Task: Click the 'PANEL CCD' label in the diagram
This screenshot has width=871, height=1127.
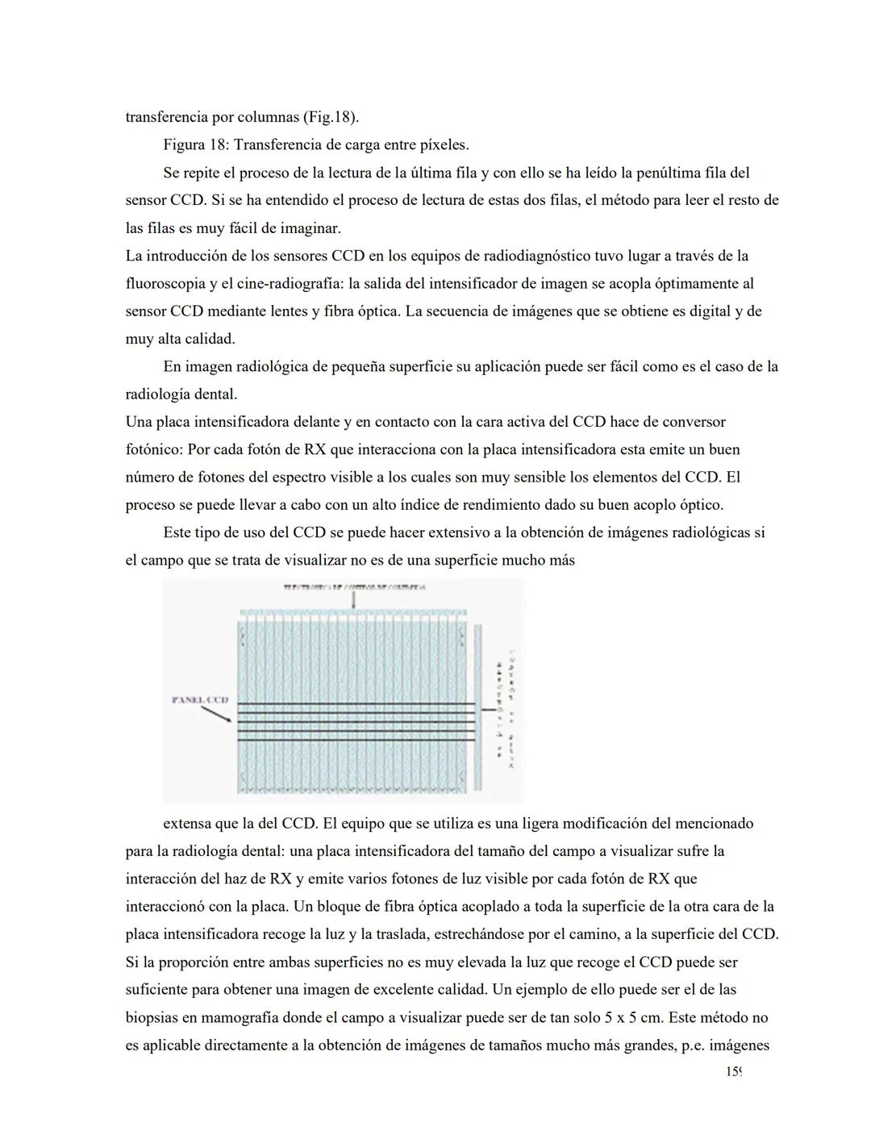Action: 200,699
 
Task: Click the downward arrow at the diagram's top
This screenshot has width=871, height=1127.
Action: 353,600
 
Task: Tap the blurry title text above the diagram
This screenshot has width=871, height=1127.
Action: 354,587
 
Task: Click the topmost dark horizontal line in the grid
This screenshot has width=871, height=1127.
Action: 356,703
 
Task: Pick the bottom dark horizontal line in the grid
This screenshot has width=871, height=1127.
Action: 356,740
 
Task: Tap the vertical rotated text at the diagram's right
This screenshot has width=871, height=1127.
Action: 506,707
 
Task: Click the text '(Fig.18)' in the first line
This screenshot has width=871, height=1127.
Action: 331,117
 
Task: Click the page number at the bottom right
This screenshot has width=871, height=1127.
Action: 732,1072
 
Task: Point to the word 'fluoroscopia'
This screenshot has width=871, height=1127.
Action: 165,284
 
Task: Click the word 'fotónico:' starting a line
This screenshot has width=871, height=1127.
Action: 154,449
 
